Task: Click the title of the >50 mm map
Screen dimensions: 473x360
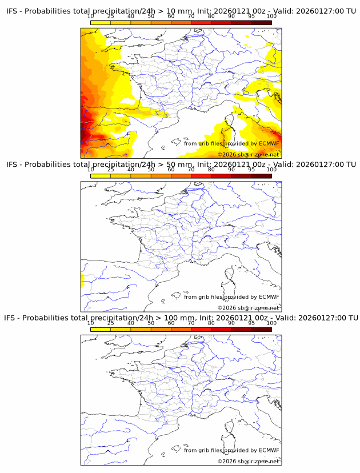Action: coord(181,165)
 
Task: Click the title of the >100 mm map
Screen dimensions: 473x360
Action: coord(181,318)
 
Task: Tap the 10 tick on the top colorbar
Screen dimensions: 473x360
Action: coord(91,17)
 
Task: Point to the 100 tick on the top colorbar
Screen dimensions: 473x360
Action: coord(271,17)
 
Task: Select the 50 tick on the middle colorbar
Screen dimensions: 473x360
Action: coord(151,170)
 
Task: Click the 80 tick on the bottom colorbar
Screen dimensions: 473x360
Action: coord(211,323)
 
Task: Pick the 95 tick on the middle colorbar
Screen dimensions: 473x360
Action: coord(251,170)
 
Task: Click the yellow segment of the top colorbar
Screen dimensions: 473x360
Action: coord(101,23)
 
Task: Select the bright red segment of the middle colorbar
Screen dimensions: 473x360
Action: coord(221,176)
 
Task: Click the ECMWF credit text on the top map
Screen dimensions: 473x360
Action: coord(231,143)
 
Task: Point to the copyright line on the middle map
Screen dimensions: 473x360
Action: coord(248,308)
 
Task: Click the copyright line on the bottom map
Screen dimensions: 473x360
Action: coord(248,461)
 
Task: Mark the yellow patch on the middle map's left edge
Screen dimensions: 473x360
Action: coord(82,280)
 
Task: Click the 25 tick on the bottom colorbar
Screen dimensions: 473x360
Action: coord(111,323)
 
